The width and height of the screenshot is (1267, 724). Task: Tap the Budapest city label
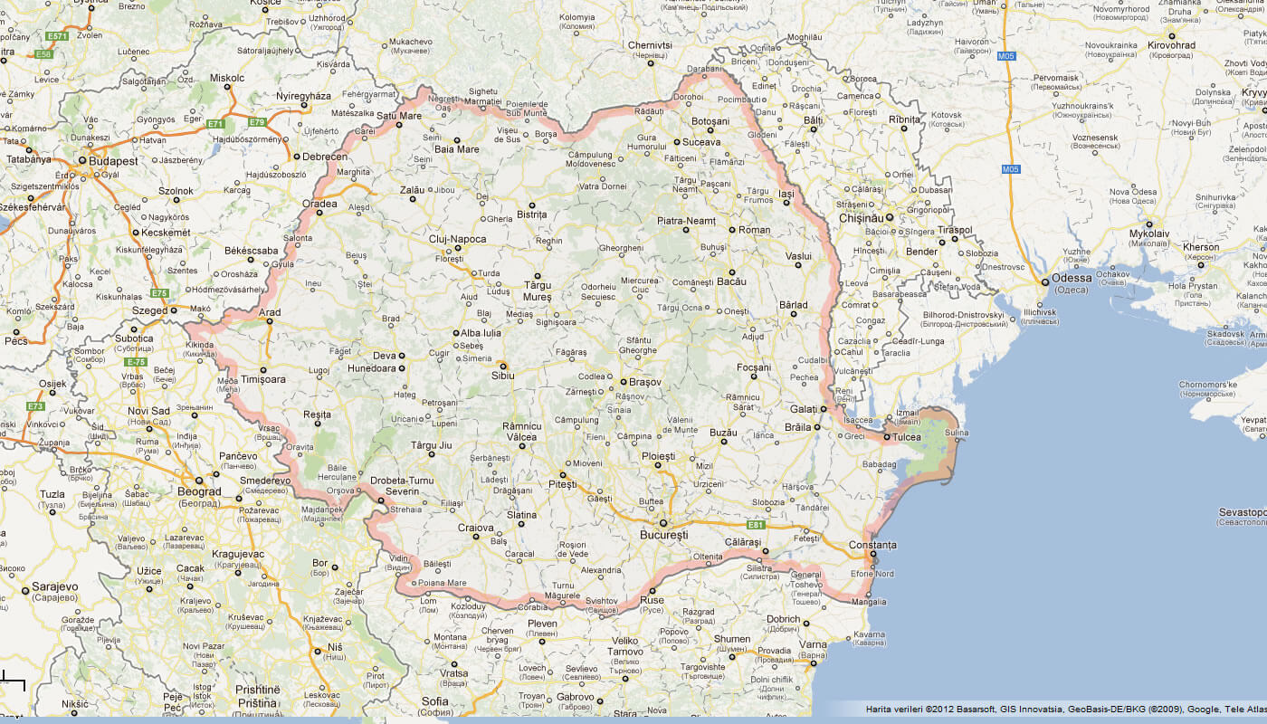point(113,160)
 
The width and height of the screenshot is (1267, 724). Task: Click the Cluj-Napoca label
point(457,240)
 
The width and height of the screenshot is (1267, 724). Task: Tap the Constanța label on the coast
point(872,545)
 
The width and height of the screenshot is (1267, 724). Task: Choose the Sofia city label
point(435,700)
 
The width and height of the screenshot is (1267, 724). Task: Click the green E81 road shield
point(757,525)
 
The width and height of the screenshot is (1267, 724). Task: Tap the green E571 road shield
point(57,36)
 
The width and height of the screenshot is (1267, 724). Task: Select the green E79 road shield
point(257,121)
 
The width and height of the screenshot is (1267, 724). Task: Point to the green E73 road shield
point(35,406)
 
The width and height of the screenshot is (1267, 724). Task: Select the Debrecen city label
point(326,157)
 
